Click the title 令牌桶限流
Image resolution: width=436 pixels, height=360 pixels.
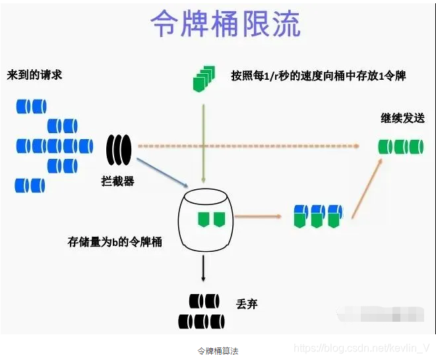[x=226, y=25]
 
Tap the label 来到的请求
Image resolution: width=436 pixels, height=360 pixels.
[x=35, y=75]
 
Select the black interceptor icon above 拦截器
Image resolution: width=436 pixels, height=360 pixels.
[x=119, y=150]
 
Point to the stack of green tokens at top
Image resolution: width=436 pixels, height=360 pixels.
[x=204, y=78]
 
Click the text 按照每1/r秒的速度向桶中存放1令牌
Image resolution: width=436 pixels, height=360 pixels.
[x=318, y=76]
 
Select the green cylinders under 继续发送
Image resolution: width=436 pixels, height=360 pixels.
[x=400, y=146]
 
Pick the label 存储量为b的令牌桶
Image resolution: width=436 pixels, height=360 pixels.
[x=115, y=241]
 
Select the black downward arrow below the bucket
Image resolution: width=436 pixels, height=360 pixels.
[x=204, y=267]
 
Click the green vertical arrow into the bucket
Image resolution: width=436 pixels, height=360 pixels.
[x=204, y=138]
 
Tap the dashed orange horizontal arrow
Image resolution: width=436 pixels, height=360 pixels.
[x=251, y=146]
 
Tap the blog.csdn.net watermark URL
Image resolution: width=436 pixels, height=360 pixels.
[x=362, y=347]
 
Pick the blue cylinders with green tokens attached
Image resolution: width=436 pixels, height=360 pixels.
[x=318, y=215]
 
